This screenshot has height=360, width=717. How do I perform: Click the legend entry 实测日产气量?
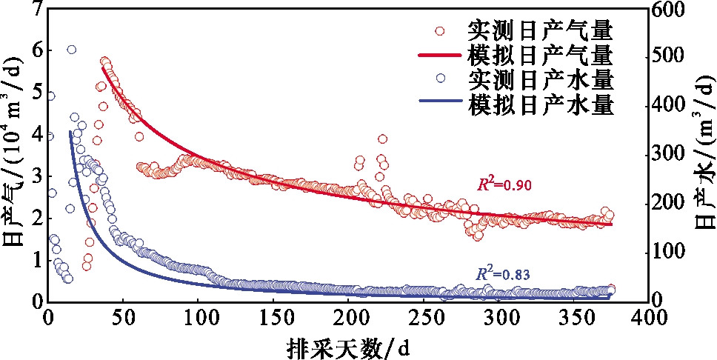click(x=540, y=30)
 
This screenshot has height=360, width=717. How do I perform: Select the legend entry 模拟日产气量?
click(x=540, y=54)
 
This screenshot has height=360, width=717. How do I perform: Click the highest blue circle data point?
click(x=71, y=50)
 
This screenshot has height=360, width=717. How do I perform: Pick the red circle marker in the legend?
click(x=440, y=31)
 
